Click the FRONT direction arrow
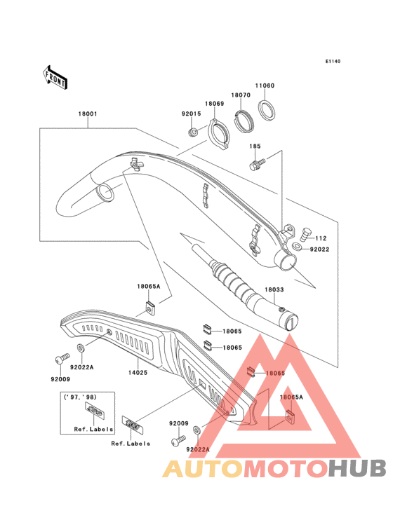click(x=55, y=77)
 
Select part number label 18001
click(x=88, y=114)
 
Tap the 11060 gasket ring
click(x=267, y=110)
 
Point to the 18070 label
click(x=241, y=95)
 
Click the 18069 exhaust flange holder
click(x=219, y=134)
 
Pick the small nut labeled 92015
click(x=193, y=132)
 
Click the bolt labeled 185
click(x=257, y=164)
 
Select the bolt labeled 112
click(x=305, y=233)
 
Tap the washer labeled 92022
click(x=298, y=247)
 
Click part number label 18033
click(x=274, y=289)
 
